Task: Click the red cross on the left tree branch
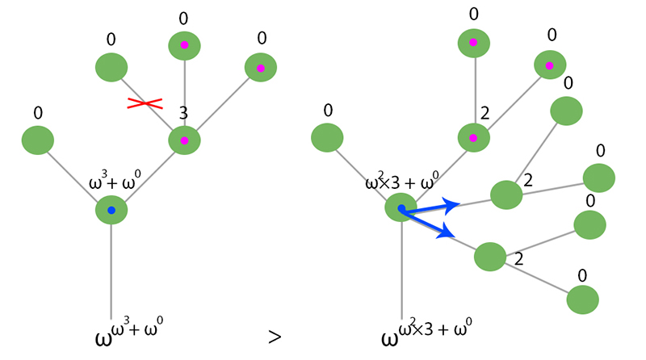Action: [145, 103]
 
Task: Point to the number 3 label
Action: [183, 115]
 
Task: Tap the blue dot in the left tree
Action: [111, 211]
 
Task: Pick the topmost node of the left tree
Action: [184, 46]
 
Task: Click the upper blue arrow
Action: [431, 208]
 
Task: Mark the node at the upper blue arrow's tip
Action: [506, 194]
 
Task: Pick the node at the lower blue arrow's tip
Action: [489, 257]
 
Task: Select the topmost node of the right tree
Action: [473, 42]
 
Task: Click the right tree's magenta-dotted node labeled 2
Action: [473, 138]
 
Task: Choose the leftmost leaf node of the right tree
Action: [327, 137]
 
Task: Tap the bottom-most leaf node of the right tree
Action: [582, 299]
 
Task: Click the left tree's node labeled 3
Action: [184, 140]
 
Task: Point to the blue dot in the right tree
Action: [401, 208]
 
